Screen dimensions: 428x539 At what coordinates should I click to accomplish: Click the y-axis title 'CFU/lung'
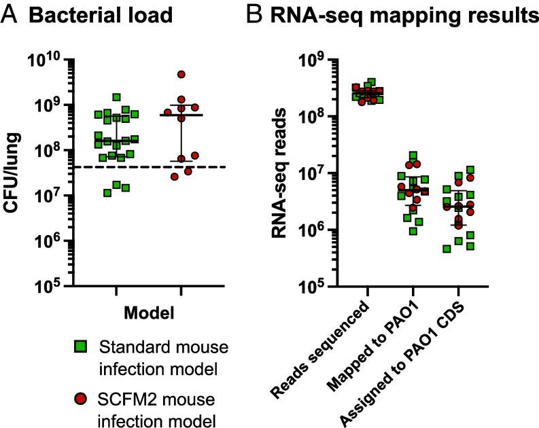click(14, 173)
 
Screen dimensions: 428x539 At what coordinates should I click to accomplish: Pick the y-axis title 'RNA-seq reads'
click(285, 173)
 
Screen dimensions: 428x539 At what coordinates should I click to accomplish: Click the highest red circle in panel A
click(181, 75)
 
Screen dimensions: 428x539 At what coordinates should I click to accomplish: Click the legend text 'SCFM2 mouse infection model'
click(164, 405)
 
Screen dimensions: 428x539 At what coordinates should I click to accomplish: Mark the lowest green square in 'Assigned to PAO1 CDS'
click(447, 249)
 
